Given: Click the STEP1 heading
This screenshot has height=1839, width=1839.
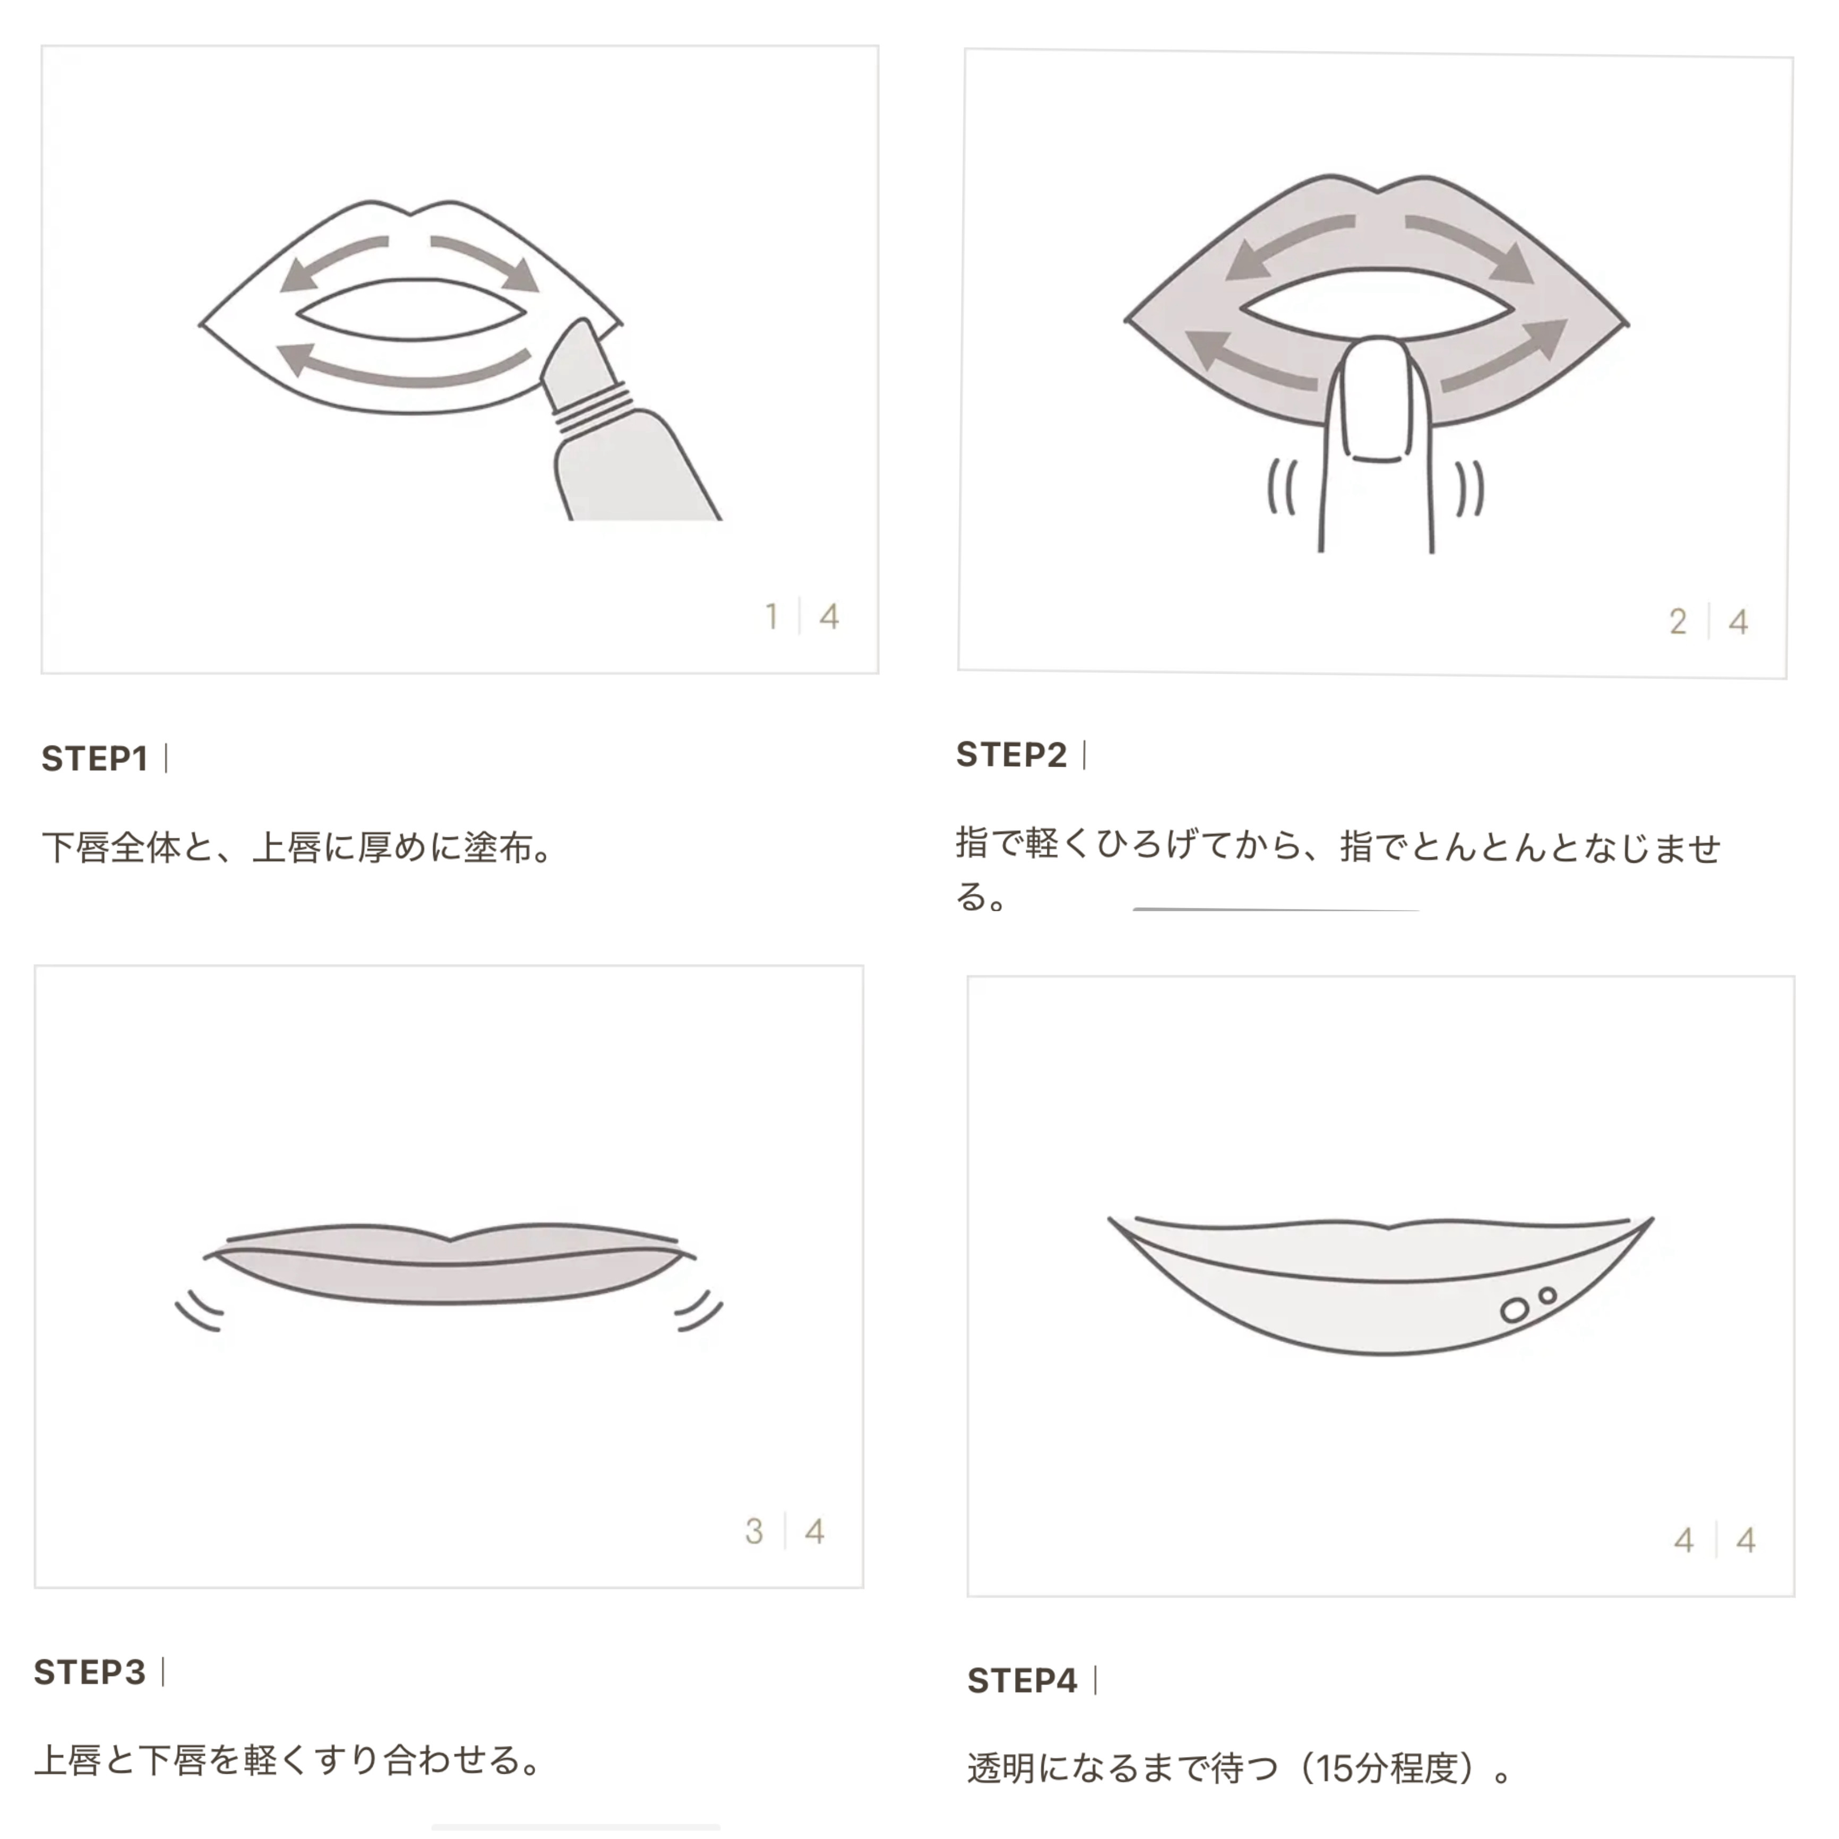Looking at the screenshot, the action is pyautogui.click(x=94, y=759).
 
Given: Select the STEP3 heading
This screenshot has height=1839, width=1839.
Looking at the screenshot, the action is pyautogui.click(x=90, y=1671).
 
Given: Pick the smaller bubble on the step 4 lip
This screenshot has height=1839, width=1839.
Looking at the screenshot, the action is pyautogui.click(x=1548, y=1295).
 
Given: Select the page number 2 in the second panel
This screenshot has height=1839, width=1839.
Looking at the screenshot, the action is pyautogui.click(x=1678, y=622).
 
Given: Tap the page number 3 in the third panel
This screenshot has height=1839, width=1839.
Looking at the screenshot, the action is pyautogui.click(x=754, y=1532).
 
